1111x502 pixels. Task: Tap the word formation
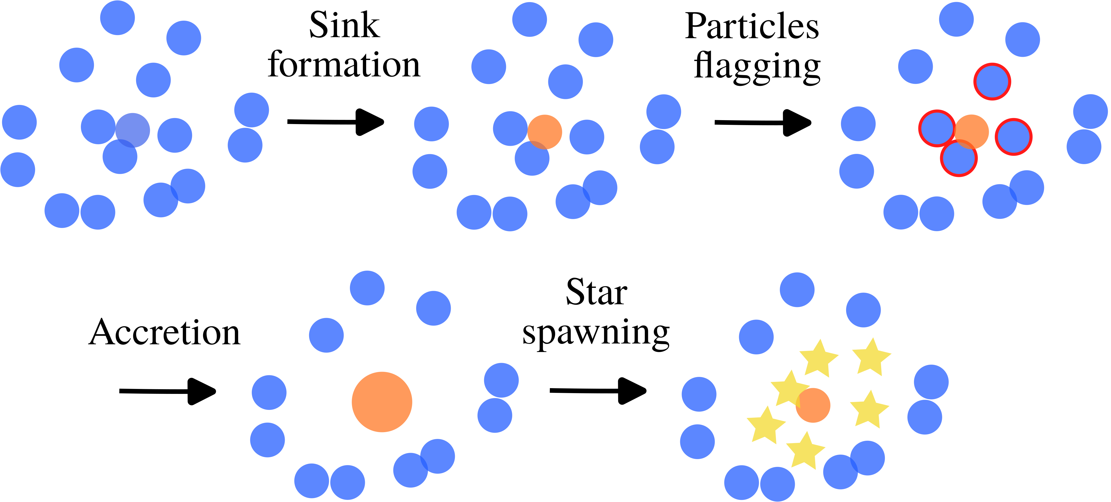344,65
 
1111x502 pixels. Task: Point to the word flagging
757,67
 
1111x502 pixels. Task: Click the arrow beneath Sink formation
336,122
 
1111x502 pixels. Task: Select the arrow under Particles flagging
762,123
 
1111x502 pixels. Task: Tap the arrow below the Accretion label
167,391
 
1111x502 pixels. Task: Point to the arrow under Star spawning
598,391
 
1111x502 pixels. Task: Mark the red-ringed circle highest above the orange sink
992,81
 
